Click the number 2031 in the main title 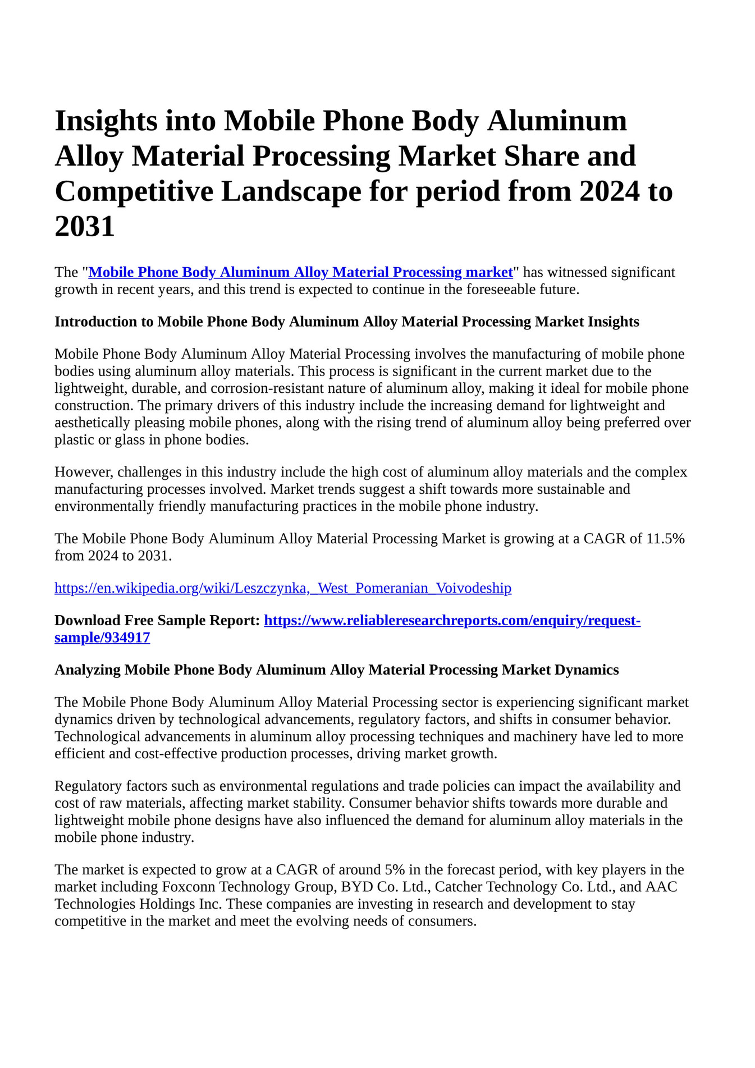[85, 227]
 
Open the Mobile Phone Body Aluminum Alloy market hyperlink [300, 272]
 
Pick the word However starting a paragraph [83, 472]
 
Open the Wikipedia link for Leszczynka [283, 588]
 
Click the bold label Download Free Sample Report [157, 621]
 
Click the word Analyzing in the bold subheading [87, 670]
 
